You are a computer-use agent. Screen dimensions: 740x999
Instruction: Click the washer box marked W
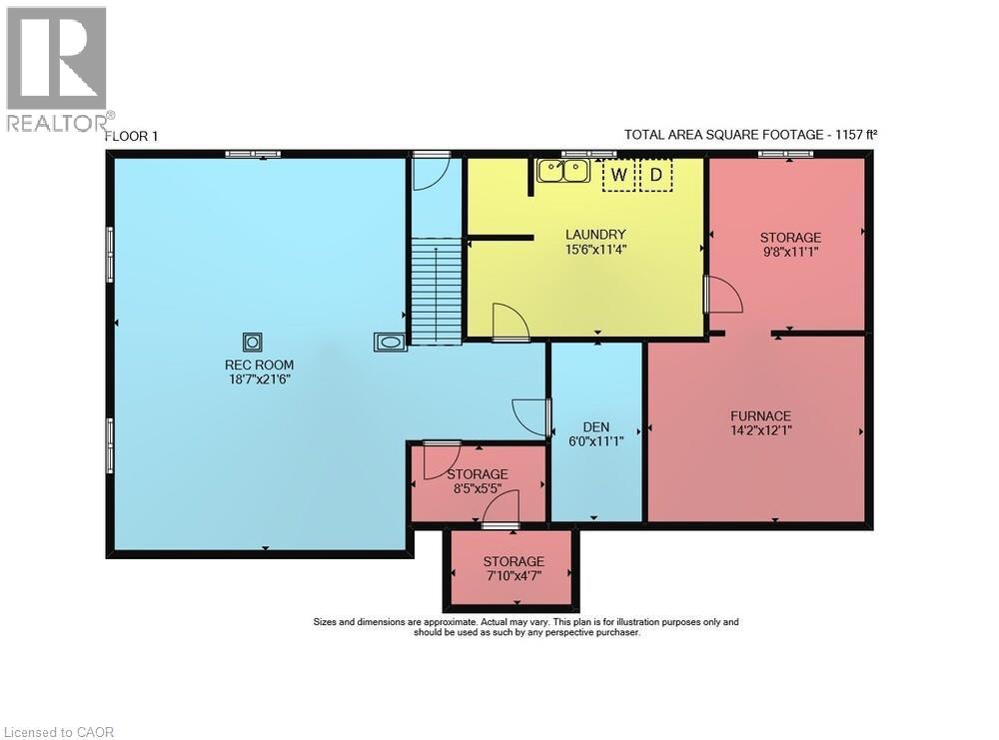(619, 176)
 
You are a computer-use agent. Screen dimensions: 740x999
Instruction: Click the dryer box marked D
(656, 176)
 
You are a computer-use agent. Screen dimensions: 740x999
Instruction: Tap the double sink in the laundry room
(562, 171)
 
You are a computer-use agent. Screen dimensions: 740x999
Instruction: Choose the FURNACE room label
(760, 416)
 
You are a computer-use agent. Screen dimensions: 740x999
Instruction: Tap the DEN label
(596, 426)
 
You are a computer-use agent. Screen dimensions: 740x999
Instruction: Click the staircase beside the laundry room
(436, 291)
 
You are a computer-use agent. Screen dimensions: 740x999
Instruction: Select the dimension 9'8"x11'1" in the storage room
(790, 252)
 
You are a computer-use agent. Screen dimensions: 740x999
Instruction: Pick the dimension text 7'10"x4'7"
(513, 576)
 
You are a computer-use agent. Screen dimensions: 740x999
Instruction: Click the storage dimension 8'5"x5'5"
(478, 488)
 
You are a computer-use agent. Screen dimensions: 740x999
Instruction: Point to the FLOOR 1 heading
(132, 136)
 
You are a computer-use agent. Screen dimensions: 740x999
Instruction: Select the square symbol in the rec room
(253, 342)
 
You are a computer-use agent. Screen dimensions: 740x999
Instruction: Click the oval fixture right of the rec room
(390, 343)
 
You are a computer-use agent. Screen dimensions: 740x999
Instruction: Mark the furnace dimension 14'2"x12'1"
(760, 430)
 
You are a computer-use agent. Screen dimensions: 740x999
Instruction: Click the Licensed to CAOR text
(58, 732)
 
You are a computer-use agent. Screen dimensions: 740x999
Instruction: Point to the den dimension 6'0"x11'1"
(596, 440)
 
